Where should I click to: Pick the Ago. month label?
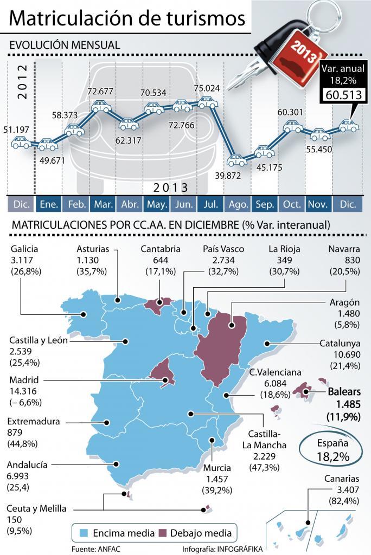pyautogui.click(x=238, y=204)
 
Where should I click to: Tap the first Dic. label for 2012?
pyautogui.click(x=21, y=204)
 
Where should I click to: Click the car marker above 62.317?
pyautogui.click(x=130, y=124)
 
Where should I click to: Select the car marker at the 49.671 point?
pyautogui.click(x=48, y=145)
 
